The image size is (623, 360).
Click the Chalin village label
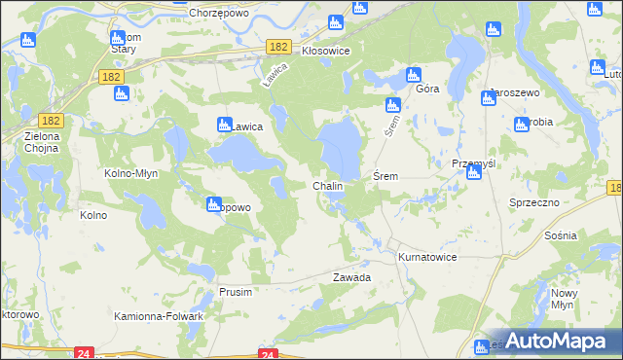326,186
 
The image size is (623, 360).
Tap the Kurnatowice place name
426,257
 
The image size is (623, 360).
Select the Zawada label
351,277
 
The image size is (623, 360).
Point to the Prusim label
236,292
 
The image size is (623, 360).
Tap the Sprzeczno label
533,201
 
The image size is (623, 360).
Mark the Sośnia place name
563,236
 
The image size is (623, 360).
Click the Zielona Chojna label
42,143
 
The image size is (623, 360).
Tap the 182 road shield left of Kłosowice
279,47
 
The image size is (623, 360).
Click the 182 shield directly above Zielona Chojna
53,120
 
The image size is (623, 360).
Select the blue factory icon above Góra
413,75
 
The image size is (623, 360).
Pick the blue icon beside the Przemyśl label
474,175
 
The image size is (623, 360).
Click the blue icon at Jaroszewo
489,97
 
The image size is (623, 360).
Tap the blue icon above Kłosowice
336,23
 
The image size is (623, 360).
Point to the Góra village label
427,89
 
